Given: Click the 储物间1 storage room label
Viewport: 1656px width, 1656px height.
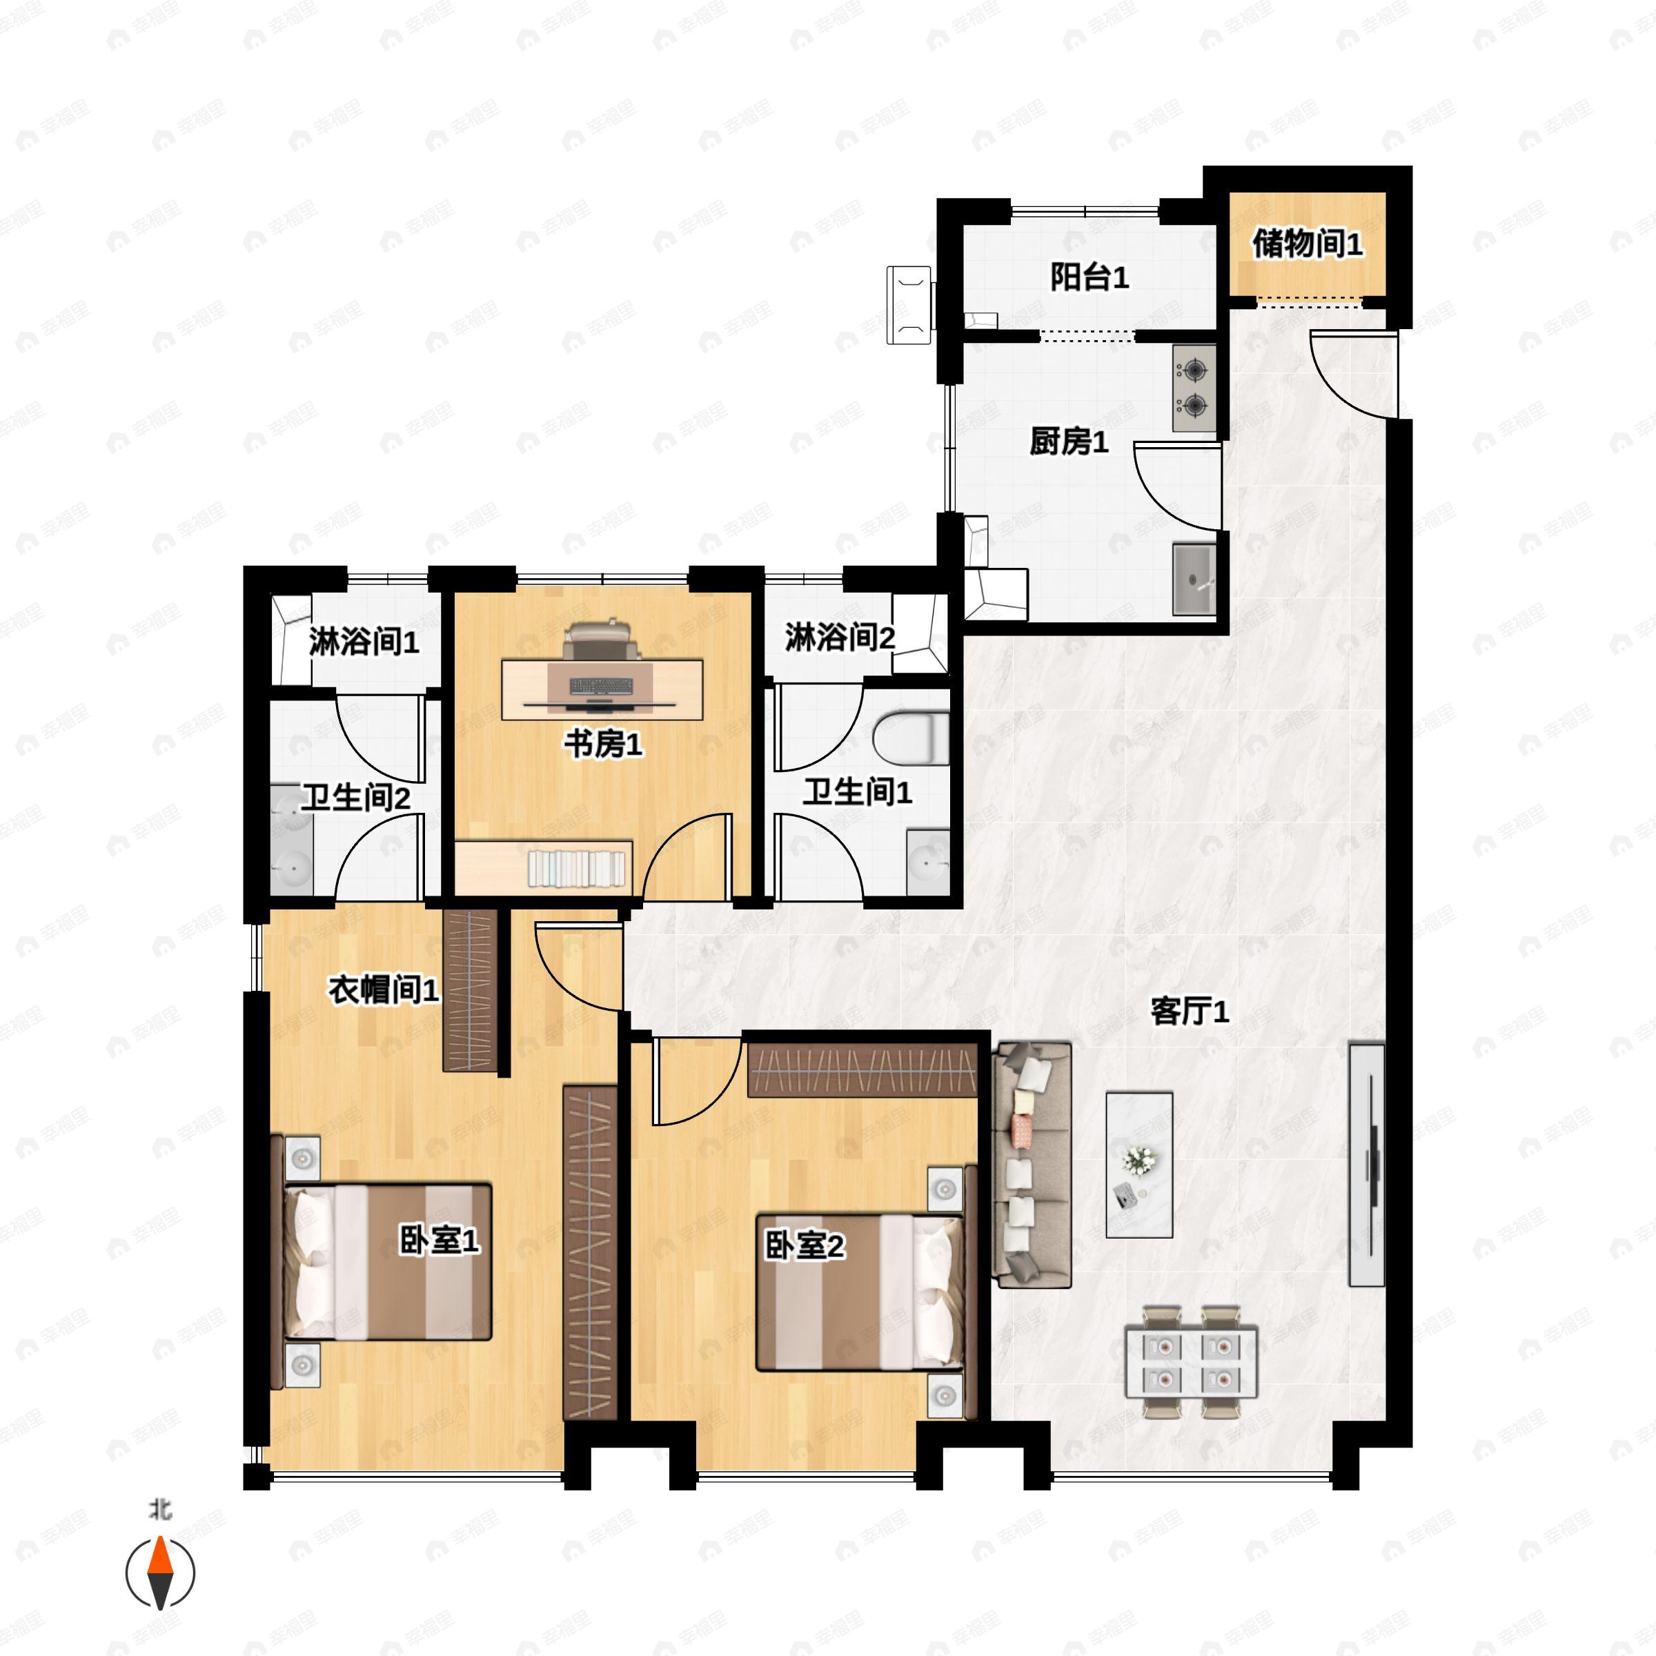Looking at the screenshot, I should click(1306, 244).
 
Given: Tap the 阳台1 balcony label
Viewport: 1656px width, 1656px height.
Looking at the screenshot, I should click(1089, 277).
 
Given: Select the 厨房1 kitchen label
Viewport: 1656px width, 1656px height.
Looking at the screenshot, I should click(1068, 442).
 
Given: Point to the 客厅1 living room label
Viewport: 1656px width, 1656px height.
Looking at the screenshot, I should click(1189, 1012).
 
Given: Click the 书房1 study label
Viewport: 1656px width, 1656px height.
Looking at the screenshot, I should click(602, 744).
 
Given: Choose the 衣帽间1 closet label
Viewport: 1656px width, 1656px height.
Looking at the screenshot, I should click(383, 991).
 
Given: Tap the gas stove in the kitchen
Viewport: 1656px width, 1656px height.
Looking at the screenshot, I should click(1194, 388).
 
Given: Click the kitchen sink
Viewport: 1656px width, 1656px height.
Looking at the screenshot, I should click(1193, 579).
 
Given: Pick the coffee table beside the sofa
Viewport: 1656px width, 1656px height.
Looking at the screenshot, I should click(1139, 1164).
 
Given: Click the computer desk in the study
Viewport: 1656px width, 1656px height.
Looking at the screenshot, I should click(602, 689).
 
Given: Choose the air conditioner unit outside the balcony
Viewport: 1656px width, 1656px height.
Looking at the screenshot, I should click(909, 304).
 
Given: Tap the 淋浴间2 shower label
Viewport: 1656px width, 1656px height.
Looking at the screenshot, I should click(839, 637).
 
